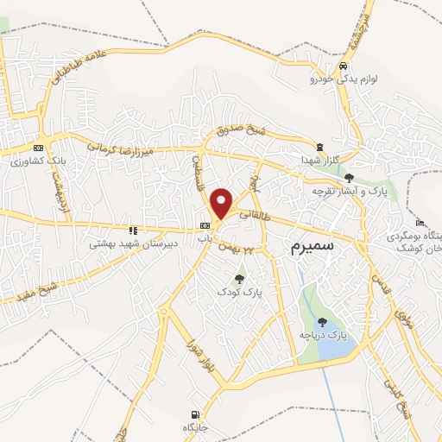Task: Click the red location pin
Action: pyautogui.click(x=222, y=202)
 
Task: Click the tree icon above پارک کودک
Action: pyautogui.click(x=239, y=278)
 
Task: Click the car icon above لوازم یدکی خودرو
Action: pyautogui.click(x=344, y=66)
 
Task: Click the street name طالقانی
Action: pyautogui.click(x=258, y=219)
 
